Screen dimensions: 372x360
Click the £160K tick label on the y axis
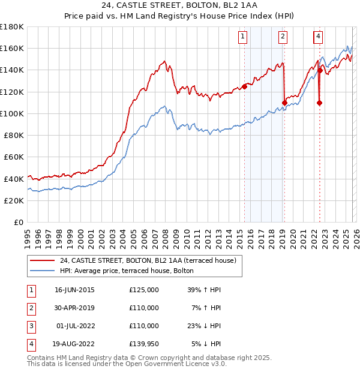point(12,48)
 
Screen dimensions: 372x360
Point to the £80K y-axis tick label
point(14,135)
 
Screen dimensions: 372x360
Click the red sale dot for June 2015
point(244,86)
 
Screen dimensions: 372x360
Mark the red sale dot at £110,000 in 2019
point(284,103)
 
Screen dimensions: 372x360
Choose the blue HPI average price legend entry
point(127,271)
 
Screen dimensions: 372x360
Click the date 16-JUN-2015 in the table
point(74,290)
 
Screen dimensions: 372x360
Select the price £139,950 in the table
point(144,344)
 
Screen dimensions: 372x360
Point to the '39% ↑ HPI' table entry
point(204,290)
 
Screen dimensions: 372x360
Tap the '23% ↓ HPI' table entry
point(204,326)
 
